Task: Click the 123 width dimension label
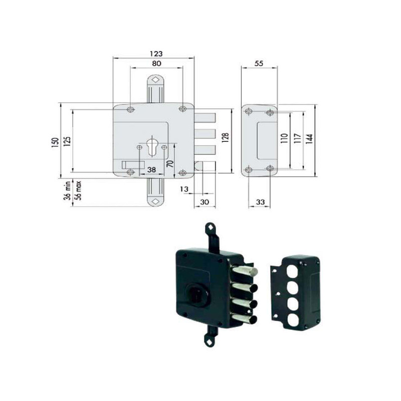click(156, 54)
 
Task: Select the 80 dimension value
click(156, 64)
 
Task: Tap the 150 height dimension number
click(55, 143)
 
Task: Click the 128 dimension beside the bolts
click(225, 137)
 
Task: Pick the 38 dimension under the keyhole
click(152, 169)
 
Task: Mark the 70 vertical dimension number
click(170, 164)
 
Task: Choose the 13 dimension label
click(184, 189)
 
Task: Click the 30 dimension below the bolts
click(205, 202)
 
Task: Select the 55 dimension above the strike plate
click(259, 64)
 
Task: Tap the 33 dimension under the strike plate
click(260, 202)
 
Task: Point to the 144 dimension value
click(309, 139)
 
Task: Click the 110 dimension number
click(284, 138)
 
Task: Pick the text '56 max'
click(78, 190)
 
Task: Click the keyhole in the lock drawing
click(152, 146)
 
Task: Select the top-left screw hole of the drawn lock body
click(131, 109)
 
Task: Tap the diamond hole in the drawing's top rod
click(155, 80)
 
